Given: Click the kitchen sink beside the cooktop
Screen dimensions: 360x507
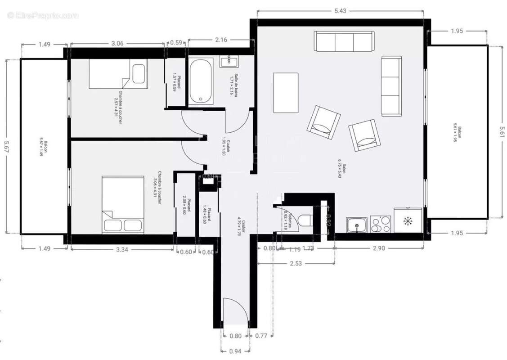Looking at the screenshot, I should click(x=357, y=225).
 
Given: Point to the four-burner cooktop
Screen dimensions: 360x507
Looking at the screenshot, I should click(x=381, y=224).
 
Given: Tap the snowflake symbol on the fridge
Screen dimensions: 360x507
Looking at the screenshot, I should click(x=408, y=221).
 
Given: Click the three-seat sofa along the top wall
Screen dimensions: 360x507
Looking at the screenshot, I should click(x=344, y=42).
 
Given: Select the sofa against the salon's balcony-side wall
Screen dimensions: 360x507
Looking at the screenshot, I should click(x=390, y=86).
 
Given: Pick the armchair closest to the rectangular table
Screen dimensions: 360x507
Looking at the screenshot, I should click(x=323, y=123).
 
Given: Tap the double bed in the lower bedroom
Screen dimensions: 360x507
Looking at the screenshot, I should click(x=122, y=205).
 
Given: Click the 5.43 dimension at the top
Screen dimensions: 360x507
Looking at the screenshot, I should click(x=340, y=11).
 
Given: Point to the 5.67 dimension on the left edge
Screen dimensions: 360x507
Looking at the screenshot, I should click(x=6, y=146).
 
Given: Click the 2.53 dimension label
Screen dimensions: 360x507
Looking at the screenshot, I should click(x=296, y=264).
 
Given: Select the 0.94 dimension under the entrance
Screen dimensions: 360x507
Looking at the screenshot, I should click(x=236, y=351).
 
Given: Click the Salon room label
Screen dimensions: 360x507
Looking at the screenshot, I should click(x=343, y=171).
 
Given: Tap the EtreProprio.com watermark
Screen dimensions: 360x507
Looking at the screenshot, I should click(x=43, y=15).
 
